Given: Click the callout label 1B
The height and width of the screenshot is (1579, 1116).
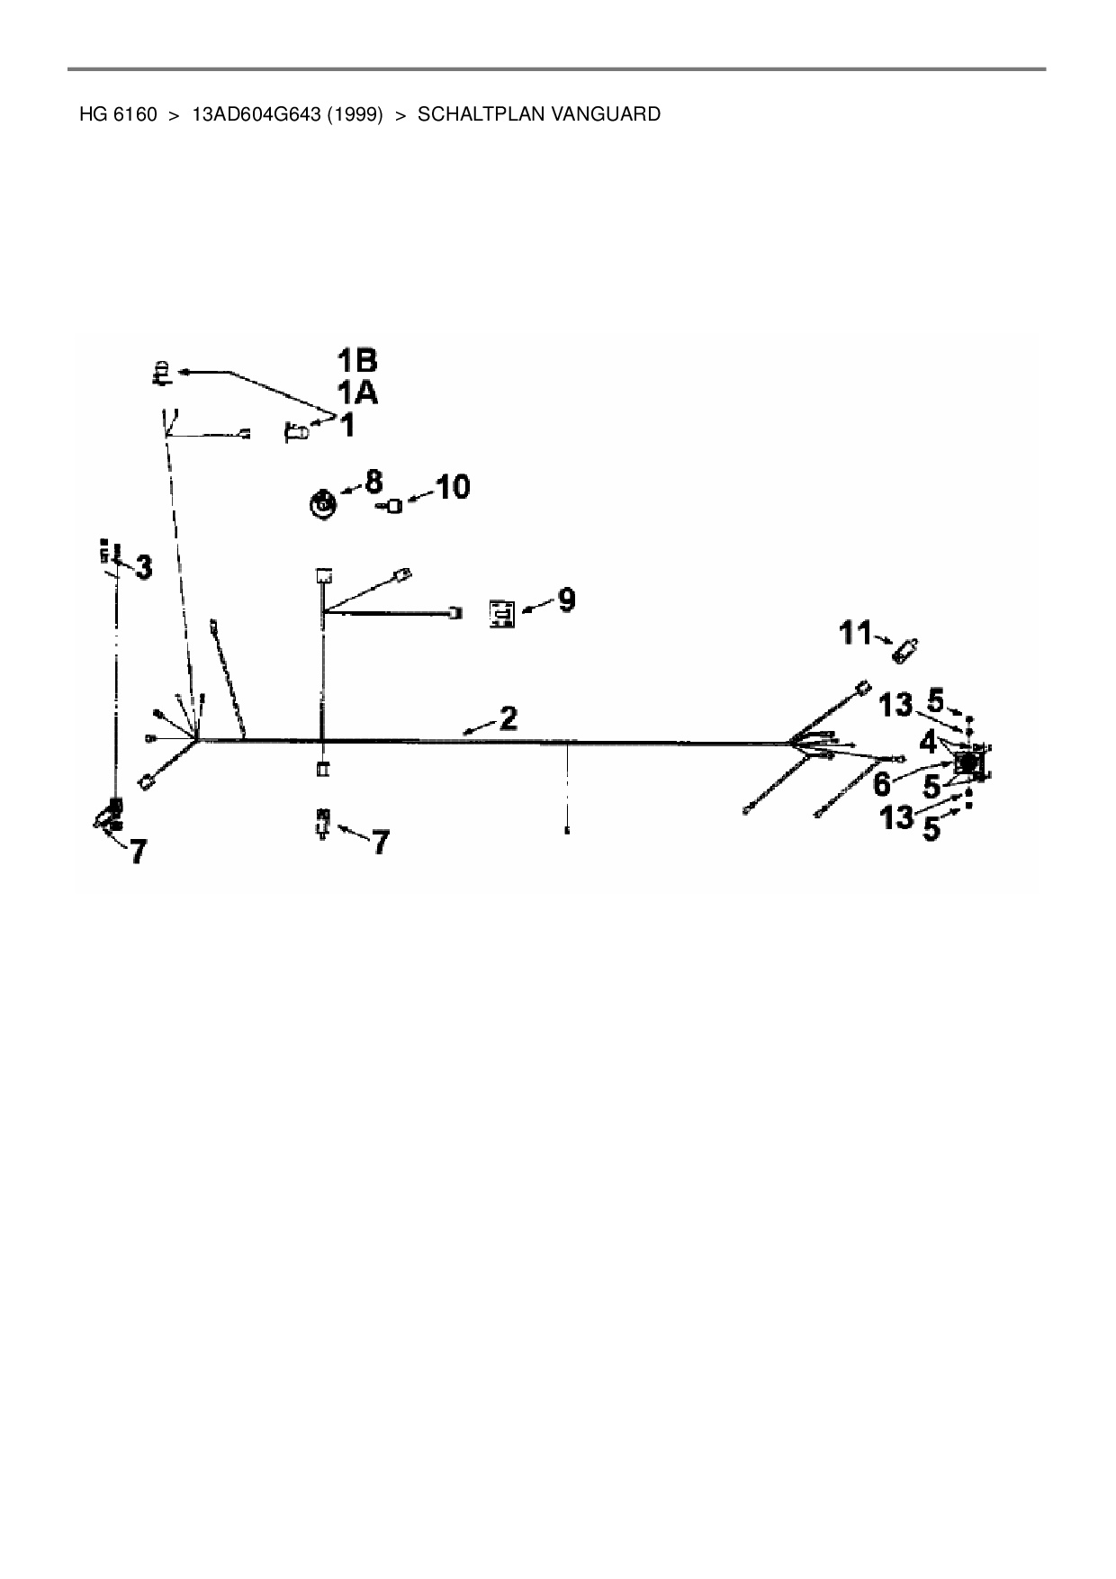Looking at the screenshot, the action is pos(357,361).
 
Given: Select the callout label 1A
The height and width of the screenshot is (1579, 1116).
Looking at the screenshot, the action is pos(357,393).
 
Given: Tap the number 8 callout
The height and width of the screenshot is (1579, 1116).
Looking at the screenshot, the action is pos(373,481).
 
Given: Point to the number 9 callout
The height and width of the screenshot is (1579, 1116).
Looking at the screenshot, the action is pos(566,600).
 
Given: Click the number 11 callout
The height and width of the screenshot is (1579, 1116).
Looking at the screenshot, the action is pos(856,633).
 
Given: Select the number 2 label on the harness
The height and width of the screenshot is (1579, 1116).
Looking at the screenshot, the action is pos(508,718).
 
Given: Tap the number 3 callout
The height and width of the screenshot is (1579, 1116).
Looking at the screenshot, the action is pos(142,567).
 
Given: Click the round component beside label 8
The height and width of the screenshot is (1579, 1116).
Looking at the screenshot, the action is pos(322,503).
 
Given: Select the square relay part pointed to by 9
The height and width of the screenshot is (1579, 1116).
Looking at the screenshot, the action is pos(502,613).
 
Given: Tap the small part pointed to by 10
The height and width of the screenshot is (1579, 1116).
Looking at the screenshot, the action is pos(393,508).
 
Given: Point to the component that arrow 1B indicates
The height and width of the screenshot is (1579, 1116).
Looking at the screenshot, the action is pos(160,372).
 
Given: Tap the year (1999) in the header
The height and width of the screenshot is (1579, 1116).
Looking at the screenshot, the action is pos(355,114).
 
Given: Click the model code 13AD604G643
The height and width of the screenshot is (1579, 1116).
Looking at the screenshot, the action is pos(257,114).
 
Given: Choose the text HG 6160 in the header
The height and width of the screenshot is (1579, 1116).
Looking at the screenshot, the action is pos(118,114).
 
